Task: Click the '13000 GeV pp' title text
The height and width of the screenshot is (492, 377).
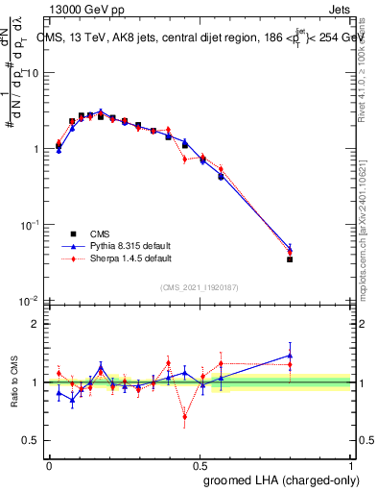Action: (85, 9)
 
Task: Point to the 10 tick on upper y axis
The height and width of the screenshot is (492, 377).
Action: (32, 74)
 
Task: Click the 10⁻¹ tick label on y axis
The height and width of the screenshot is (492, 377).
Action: (29, 224)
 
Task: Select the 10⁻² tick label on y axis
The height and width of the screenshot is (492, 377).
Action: (29, 300)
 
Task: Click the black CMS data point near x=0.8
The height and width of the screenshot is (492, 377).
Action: (290, 259)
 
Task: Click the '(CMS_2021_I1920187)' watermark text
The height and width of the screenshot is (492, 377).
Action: (200, 287)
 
